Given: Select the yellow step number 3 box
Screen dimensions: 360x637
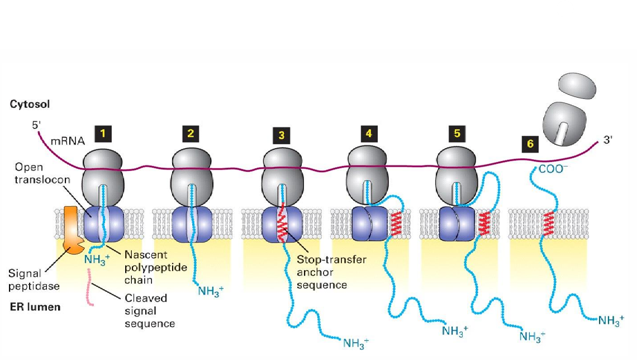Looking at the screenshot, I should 281,135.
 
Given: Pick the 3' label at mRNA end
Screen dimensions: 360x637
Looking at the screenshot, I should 609,141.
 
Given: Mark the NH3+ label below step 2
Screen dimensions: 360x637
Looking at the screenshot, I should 211,290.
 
